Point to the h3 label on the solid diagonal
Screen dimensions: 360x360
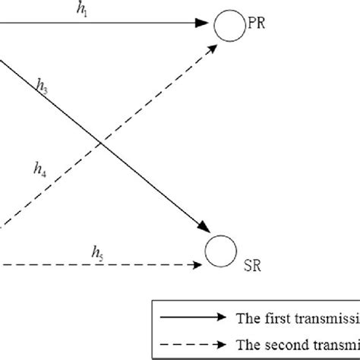(x=43, y=87)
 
